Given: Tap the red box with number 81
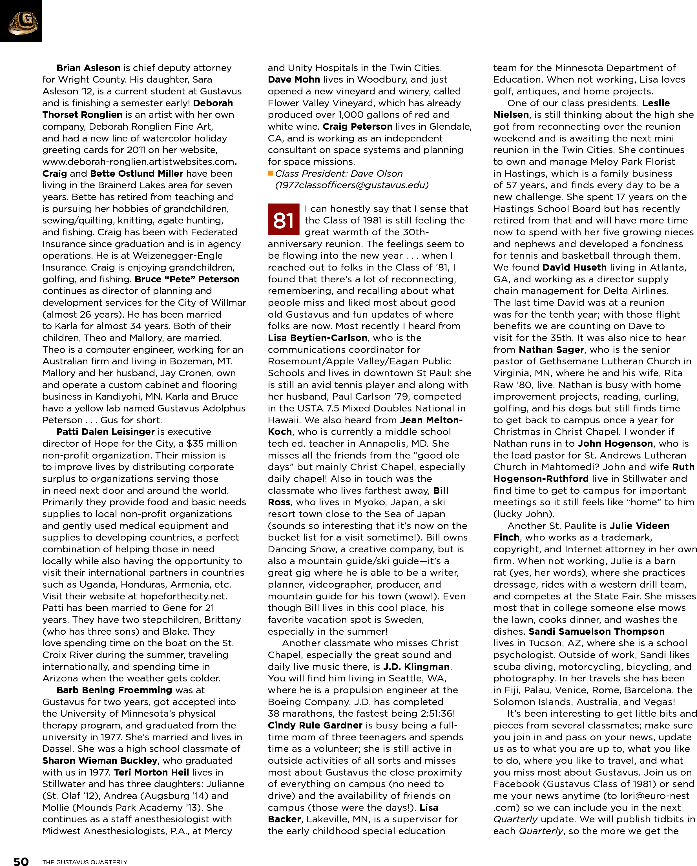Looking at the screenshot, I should click(x=283, y=220).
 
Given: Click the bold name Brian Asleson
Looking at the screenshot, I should click(x=88, y=68).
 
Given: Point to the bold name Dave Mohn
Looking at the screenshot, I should click(x=294, y=79).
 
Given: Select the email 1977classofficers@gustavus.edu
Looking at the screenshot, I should click(x=351, y=185).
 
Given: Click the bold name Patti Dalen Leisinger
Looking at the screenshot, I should click(x=105, y=432).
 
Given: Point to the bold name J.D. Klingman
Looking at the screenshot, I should click(x=416, y=667).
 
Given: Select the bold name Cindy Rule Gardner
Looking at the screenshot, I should click(x=315, y=725).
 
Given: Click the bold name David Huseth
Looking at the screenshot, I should click(x=574, y=267).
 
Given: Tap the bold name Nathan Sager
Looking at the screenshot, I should click(x=551, y=350).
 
